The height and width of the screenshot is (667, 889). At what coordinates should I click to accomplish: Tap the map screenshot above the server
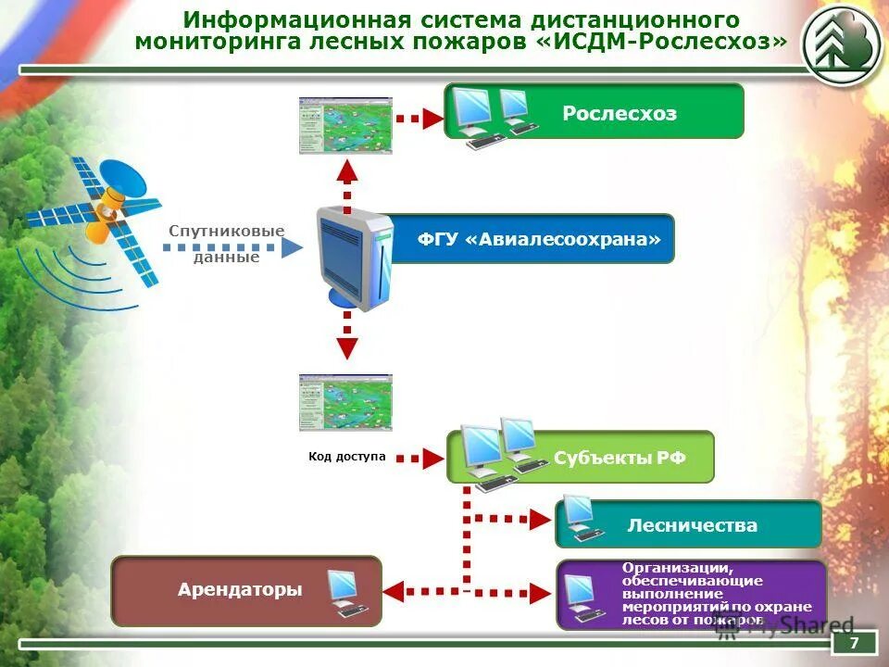tap(345, 125)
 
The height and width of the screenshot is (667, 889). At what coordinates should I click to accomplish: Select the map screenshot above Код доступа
tap(345, 402)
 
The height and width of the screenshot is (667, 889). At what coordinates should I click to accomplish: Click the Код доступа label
tap(346, 457)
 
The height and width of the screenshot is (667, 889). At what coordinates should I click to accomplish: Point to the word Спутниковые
tap(226, 231)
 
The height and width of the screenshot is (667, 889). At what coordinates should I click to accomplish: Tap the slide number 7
tap(854, 643)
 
